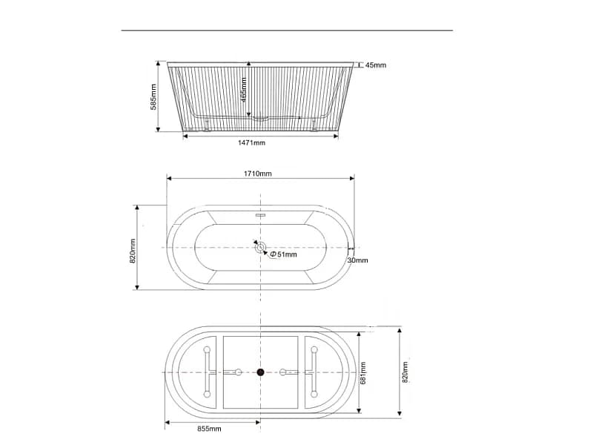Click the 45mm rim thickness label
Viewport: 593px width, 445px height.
point(376,65)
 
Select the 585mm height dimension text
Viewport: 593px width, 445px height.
point(153,97)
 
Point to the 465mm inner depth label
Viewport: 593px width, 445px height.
point(244,90)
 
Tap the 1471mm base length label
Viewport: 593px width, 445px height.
point(251,142)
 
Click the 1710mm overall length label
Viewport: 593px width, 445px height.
point(257,174)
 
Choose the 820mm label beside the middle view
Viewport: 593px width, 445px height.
point(133,251)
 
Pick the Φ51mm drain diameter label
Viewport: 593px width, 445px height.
point(283,254)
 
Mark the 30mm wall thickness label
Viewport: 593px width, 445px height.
point(357,260)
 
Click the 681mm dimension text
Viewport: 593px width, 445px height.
point(363,373)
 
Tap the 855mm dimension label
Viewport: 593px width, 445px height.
point(209,429)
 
